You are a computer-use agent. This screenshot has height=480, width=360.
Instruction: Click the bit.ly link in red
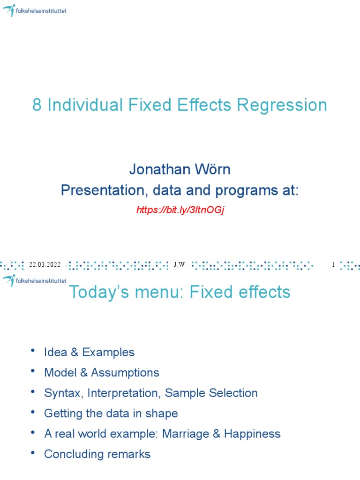pyautogui.click(x=180, y=210)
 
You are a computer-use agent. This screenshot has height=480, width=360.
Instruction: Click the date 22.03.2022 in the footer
pyautogui.click(x=45, y=265)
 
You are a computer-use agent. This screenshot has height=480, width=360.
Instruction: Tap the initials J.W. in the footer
pyautogui.click(x=180, y=265)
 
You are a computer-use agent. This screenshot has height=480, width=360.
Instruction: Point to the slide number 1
pyautogui.click(x=333, y=265)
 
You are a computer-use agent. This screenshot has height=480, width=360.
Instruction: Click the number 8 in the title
pyautogui.click(x=37, y=105)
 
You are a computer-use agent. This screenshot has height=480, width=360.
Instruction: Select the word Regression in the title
pyautogui.click(x=282, y=105)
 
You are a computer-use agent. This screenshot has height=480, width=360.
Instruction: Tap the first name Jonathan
pyautogui.click(x=157, y=169)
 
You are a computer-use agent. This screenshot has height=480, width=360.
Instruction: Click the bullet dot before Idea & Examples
pyautogui.click(x=32, y=351)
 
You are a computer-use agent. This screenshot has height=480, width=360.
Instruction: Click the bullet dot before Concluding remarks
pyautogui.click(x=32, y=453)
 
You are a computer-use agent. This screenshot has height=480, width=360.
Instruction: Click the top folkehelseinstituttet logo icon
pyautogui.click(x=9, y=10)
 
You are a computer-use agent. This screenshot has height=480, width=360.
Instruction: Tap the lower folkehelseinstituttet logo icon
pyautogui.click(x=9, y=281)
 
